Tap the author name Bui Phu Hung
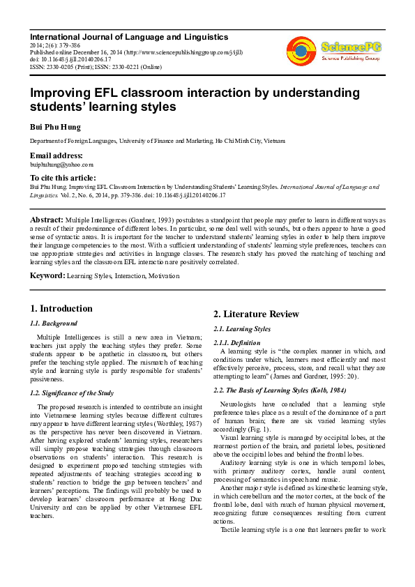pyautogui.click(x=54, y=127)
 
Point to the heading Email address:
pyautogui.click(x=56, y=155)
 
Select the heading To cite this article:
pyautogui.click(x=63, y=178)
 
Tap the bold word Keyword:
pyautogui.click(x=47, y=276)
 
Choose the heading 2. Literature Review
pyautogui.click(x=256, y=314)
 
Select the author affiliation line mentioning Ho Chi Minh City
pyautogui.click(x=157, y=142)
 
